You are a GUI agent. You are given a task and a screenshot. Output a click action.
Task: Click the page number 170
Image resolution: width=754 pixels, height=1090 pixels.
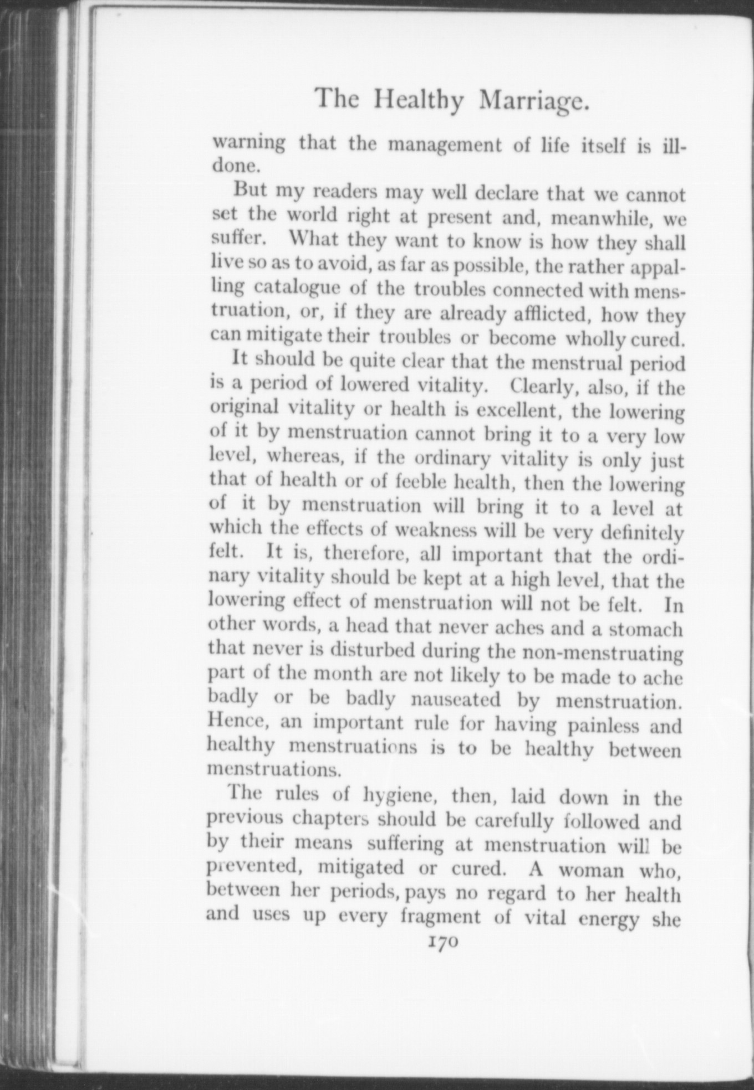[x=441, y=943]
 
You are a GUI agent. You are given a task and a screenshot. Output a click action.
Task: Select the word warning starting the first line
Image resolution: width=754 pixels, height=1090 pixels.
[x=249, y=143]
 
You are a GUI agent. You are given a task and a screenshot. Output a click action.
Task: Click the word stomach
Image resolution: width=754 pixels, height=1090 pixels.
[x=646, y=629]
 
